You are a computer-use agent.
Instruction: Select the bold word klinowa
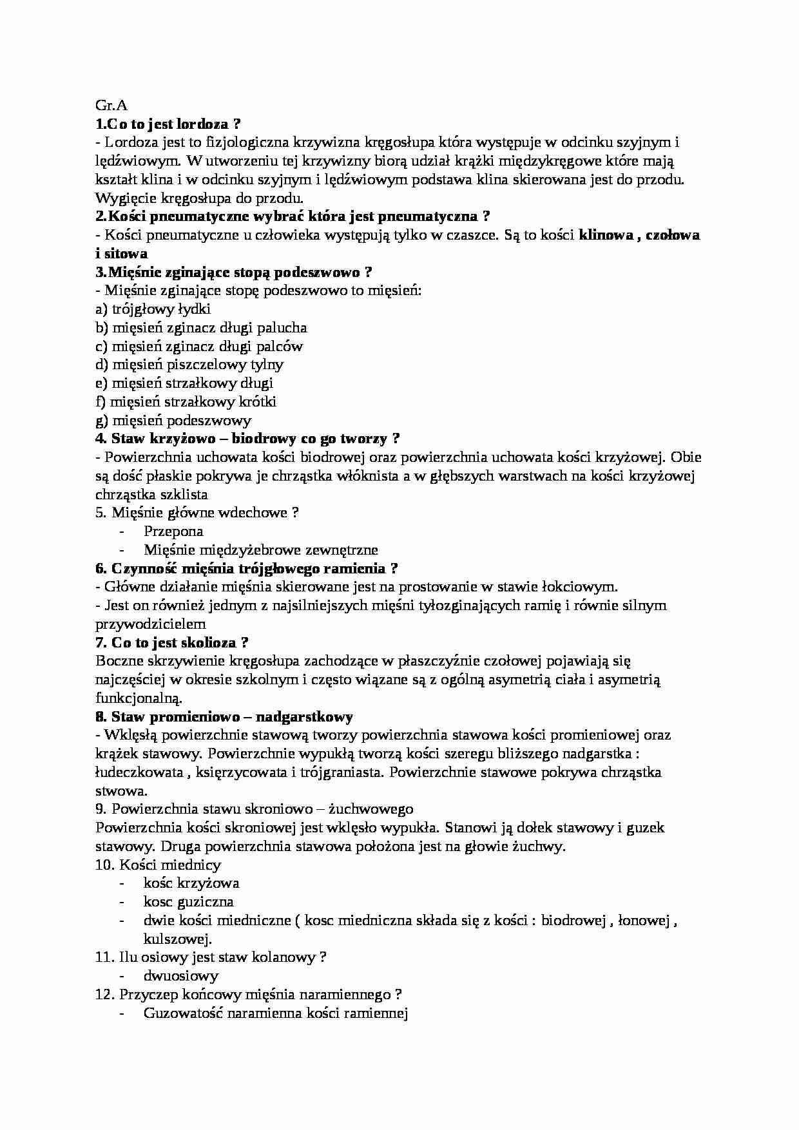pyautogui.click(x=604, y=235)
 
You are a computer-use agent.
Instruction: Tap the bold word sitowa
pyautogui.click(x=126, y=254)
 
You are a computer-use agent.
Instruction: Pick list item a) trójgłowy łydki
pyautogui.click(x=153, y=309)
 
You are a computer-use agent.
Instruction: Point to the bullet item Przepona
pyautogui.click(x=173, y=531)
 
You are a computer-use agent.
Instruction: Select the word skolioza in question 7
pyautogui.click(x=208, y=642)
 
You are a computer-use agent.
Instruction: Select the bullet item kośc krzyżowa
pyautogui.click(x=191, y=883)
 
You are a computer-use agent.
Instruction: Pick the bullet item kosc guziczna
pyautogui.click(x=188, y=902)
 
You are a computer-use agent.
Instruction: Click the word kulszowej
pyautogui.click(x=177, y=939)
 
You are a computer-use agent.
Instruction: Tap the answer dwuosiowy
pyautogui.click(x=181, y=976)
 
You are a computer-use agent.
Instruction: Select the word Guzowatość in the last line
pyautogui.click(x=183, y=1013)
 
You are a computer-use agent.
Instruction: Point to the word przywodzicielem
pyautogui.click(x=151, y=624)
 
